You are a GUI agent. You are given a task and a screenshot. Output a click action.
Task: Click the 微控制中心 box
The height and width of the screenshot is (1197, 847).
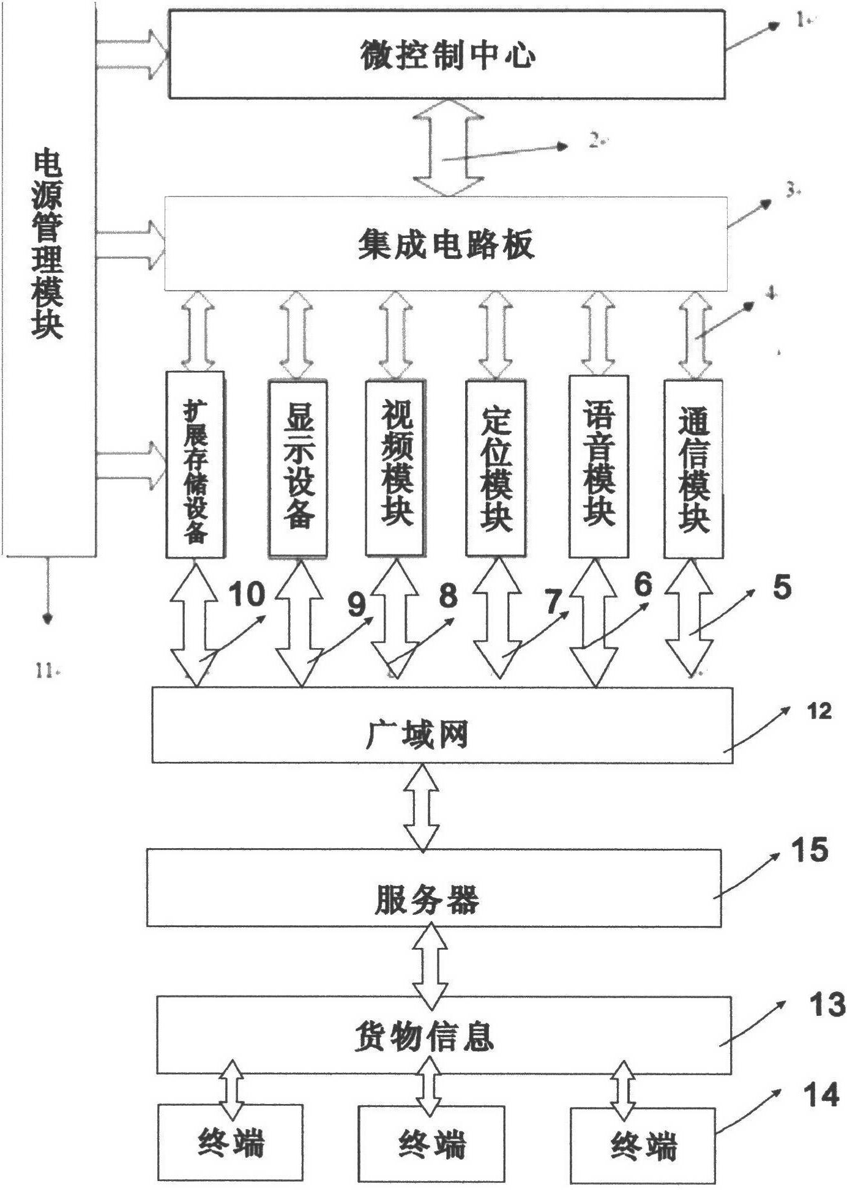(447, 55)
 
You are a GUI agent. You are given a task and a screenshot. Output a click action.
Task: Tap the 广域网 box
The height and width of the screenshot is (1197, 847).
(442, 725)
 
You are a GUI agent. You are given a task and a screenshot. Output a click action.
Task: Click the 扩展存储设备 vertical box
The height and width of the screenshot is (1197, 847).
(195, 465)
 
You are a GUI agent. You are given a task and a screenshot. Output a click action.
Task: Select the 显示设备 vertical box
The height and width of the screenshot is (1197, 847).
(298, 468)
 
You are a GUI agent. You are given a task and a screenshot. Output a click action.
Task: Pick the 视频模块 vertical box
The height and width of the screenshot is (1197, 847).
(395, 468)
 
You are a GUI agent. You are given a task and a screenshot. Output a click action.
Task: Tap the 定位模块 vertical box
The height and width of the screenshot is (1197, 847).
(495, 468)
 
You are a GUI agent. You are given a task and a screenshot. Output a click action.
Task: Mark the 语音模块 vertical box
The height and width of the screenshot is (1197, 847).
(599, 466)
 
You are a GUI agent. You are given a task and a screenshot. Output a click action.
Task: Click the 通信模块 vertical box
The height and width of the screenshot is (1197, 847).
(693, 468)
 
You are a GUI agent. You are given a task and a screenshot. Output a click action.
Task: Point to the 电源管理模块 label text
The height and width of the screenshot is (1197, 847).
(48, 245)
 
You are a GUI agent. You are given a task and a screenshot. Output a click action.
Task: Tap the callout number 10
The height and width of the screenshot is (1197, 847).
(247, 594)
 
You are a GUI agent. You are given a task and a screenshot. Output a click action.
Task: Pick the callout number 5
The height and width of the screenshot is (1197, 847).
(782, 588)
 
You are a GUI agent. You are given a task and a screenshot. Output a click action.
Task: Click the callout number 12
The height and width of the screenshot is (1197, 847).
(819, 712)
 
